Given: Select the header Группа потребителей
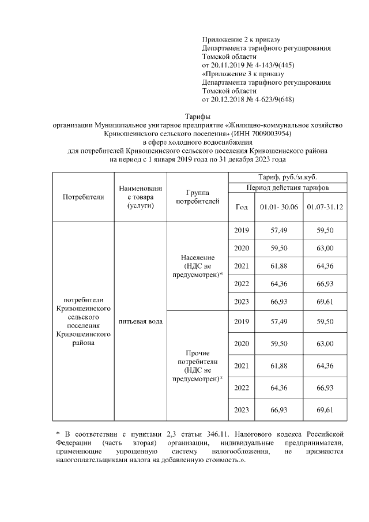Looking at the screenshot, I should click(x=197, y=197).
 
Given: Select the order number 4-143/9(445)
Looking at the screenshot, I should click(x=272, y=65).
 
